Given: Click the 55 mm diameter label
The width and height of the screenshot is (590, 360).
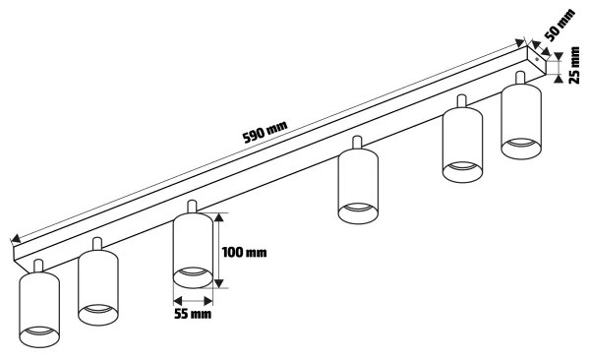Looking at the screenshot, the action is coord(193,316).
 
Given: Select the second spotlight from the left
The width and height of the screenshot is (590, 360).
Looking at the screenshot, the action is coord(97,288).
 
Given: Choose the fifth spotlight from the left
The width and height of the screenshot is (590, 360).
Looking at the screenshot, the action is coord(462,144).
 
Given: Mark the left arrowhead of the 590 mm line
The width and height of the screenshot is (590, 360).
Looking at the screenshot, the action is coord(15,238).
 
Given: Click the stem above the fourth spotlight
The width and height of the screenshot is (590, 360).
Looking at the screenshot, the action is coord(359,143).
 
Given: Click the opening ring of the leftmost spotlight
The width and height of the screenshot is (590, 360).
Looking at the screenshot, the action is coord(40,337).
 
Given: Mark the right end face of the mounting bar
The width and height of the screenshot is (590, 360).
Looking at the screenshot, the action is coord(537,60).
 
